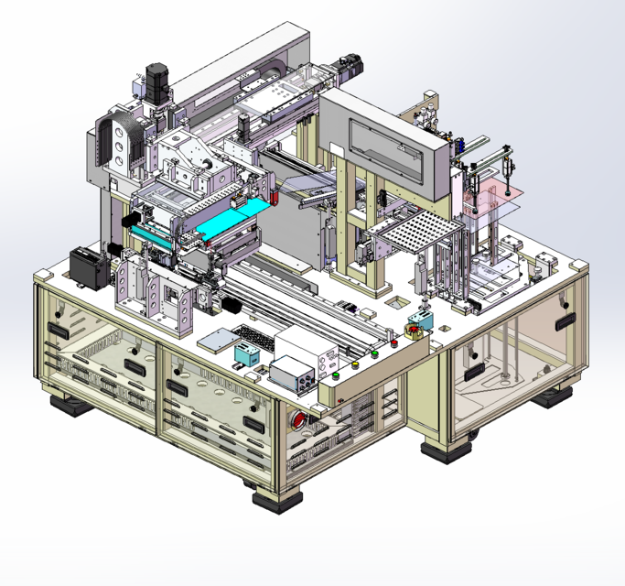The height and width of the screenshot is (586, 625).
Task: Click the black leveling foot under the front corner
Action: (279, 499)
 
